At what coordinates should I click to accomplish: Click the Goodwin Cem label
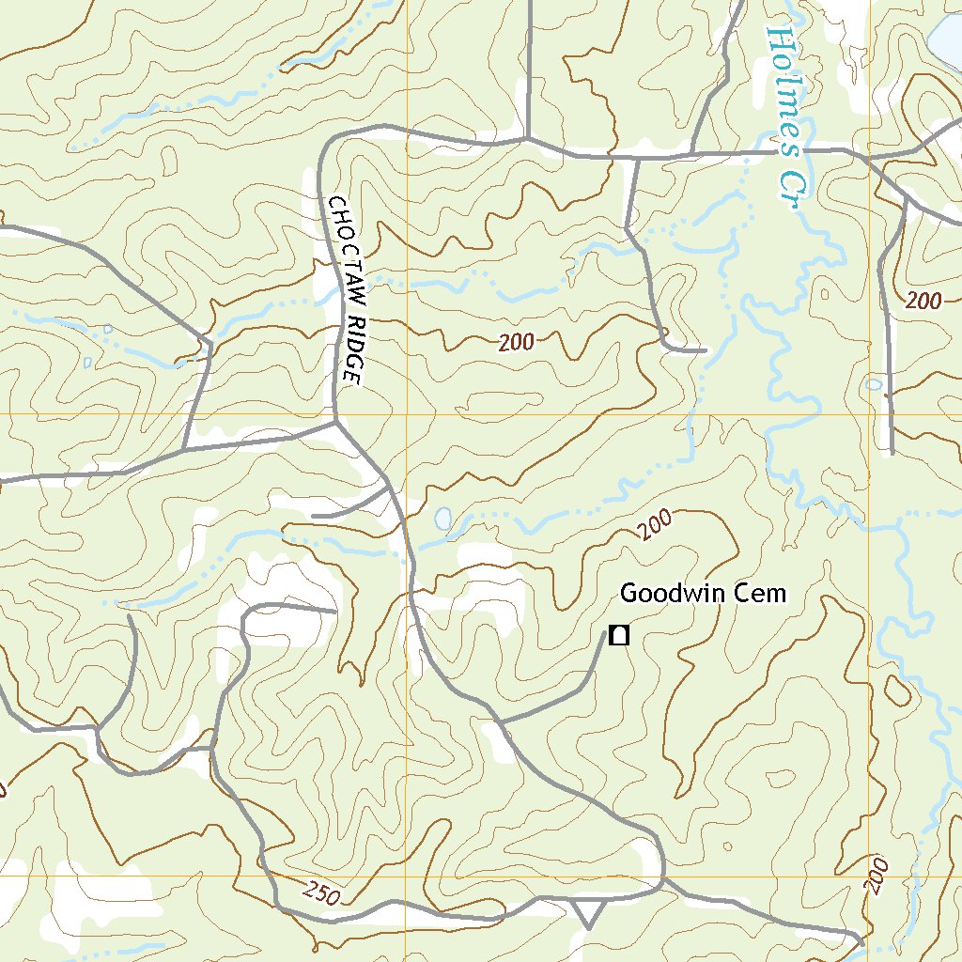pos(702,594)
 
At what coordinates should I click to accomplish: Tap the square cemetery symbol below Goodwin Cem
pos(618,636)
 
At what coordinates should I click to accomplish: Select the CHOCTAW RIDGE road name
pos(345,289)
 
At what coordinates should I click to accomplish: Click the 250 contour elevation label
pos(322,893)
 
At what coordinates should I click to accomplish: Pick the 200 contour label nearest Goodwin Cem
pos(657,524)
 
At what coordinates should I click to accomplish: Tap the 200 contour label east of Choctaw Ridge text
pos(517,343)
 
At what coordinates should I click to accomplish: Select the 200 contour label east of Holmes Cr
pos(924,302)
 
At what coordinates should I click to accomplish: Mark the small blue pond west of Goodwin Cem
pos(442,518)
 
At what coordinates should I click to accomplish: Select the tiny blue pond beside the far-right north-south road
pos(874,384)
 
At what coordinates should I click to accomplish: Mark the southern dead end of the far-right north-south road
pos(891,452)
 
